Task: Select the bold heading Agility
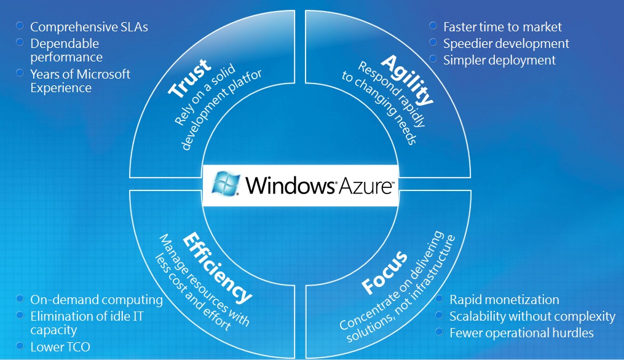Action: [x=408, y=79]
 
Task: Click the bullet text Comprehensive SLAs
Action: [x=89, y=27]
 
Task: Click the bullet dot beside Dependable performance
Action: [x=20, y=42]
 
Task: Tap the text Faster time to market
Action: [x=502, y=27]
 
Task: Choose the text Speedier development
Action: [x=506, y=44]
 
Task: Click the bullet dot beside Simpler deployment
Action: [x=433, y=59]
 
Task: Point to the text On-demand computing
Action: [x=97, y=300]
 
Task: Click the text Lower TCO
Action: [x=60, y=347]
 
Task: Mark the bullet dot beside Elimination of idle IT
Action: [x=20, y=315]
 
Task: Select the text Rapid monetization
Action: [x=504, y=300]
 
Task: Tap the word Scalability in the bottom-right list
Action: [x=480, y=316]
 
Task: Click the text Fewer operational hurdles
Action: [x=521, y=333]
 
